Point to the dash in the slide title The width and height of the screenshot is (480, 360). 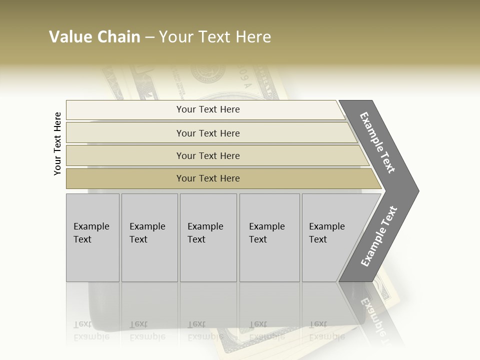149,37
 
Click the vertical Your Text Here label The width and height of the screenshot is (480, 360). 57,144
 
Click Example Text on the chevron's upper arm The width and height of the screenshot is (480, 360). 377,142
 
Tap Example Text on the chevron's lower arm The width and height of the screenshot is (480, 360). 378,236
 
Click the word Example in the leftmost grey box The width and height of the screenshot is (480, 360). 91,226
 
